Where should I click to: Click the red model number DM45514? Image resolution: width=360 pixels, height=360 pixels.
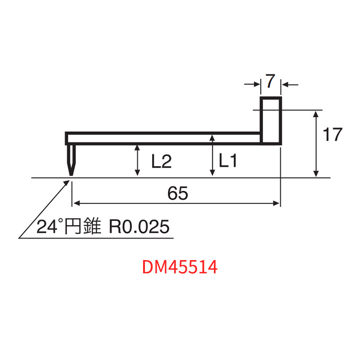click(x=180, y=267)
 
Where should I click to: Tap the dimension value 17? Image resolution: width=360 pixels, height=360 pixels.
click(x=333, y=135)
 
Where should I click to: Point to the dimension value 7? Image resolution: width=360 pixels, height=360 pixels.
click(x=270, y=82)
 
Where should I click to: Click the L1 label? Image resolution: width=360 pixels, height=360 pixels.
click(x=228, y=161)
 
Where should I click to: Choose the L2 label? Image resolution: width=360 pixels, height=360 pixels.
click(x=161, y=162)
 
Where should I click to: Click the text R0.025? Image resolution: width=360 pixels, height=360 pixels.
click(x=140, y=226)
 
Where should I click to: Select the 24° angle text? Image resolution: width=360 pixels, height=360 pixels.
click(x=47, y=227)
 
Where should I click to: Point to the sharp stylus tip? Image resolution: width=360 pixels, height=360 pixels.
click(x=71, y=175)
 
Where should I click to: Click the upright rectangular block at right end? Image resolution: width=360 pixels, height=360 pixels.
click(x=271, y=120)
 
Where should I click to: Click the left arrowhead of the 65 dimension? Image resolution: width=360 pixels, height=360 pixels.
click(x=76, y=203)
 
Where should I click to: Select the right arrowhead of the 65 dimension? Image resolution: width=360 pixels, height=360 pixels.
click(x=277, y=203)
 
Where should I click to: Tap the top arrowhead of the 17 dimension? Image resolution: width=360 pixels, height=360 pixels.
click(x=316, y=114)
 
